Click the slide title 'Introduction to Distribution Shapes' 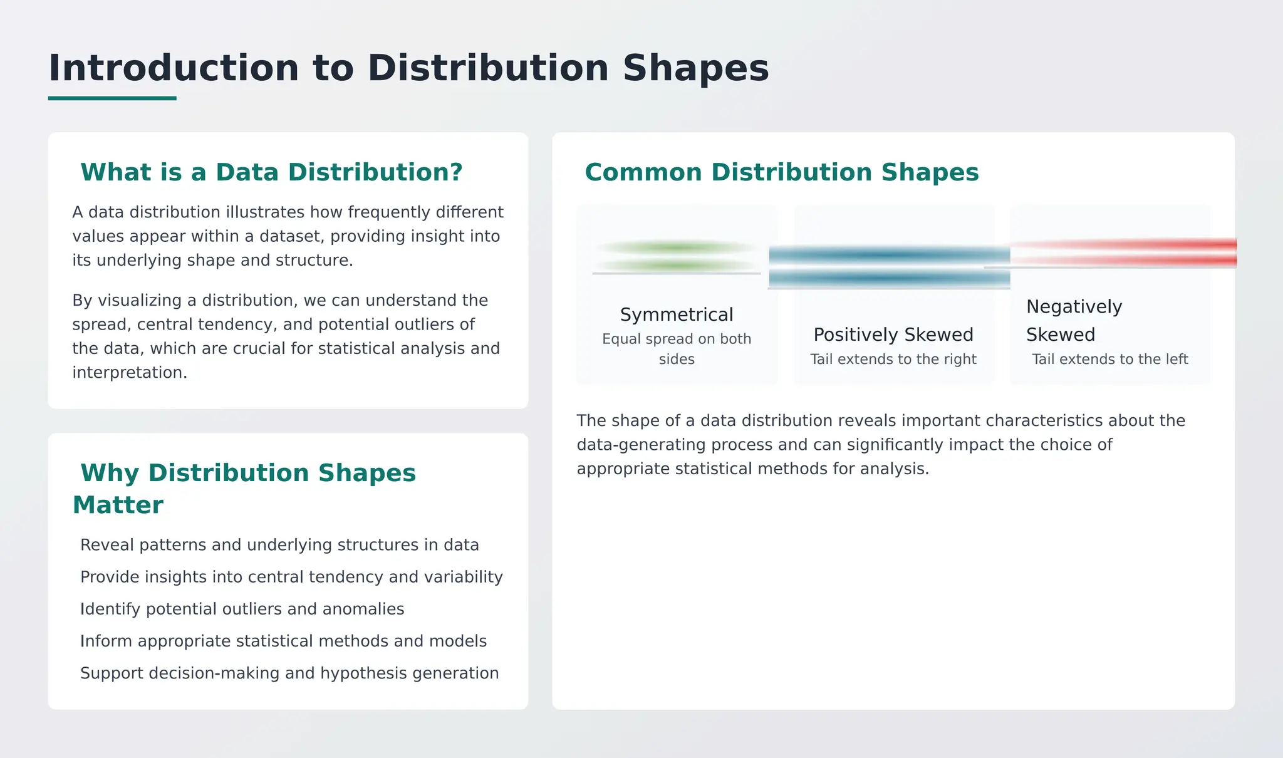[408, 68]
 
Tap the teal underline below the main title [112, 98]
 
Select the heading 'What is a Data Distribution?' [271, 172]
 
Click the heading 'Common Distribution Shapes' [781, 172]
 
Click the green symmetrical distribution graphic [676, 257]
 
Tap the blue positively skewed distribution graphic [889, 266]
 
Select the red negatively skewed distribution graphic [1121, 252]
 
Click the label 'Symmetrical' [676, 314]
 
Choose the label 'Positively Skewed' [893, 335]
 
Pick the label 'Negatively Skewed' [1073, 320]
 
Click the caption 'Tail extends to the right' [893, 359]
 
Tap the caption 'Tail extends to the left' [1109, 359]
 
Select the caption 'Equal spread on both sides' [676, 348]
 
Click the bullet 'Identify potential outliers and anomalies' [242, 609]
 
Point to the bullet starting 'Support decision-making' [289, 673]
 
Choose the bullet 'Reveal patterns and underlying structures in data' [279, 545]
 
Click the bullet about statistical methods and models [283, 641]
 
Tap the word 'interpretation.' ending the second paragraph [130, 372]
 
